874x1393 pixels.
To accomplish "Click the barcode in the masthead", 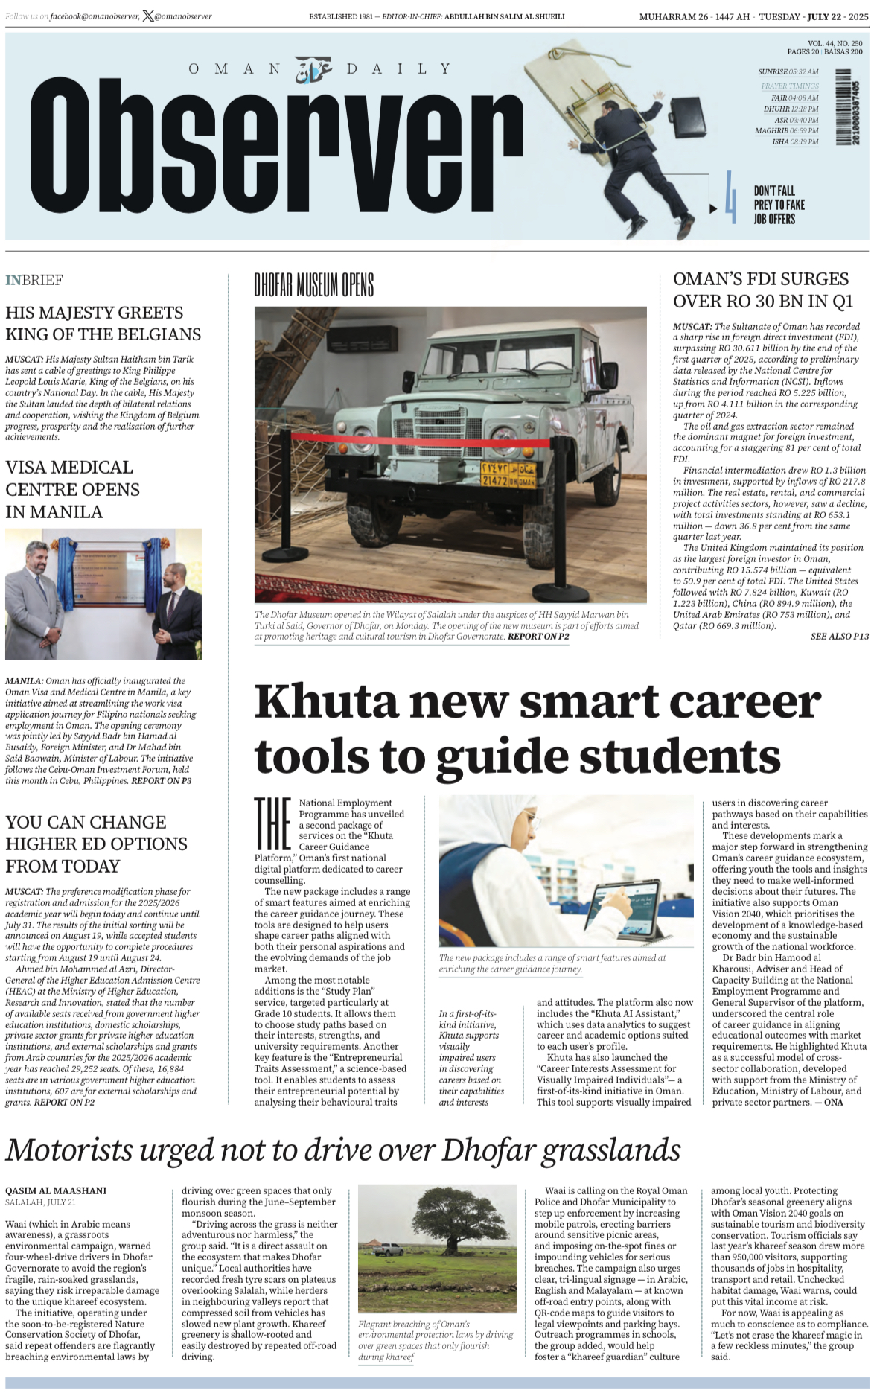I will click(x=843, y=106).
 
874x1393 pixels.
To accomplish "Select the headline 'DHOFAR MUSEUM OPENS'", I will click(x=313, y=285).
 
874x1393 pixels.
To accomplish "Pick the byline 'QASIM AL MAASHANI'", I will click(x=56, y=1190).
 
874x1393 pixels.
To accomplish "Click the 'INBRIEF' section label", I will click(x=34, y=280).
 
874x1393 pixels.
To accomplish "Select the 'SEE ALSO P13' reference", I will click(x=839, y=637).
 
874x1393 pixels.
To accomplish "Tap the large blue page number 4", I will click(x=731, y=197).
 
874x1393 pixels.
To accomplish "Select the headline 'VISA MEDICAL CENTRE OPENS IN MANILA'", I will click(x=72, y=489).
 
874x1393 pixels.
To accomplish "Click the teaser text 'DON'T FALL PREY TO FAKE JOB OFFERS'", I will click(x=779, y=205).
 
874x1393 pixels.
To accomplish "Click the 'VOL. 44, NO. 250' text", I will click(x=835, y=44).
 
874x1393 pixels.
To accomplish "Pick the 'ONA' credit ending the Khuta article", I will click(x=833, y=1102).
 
